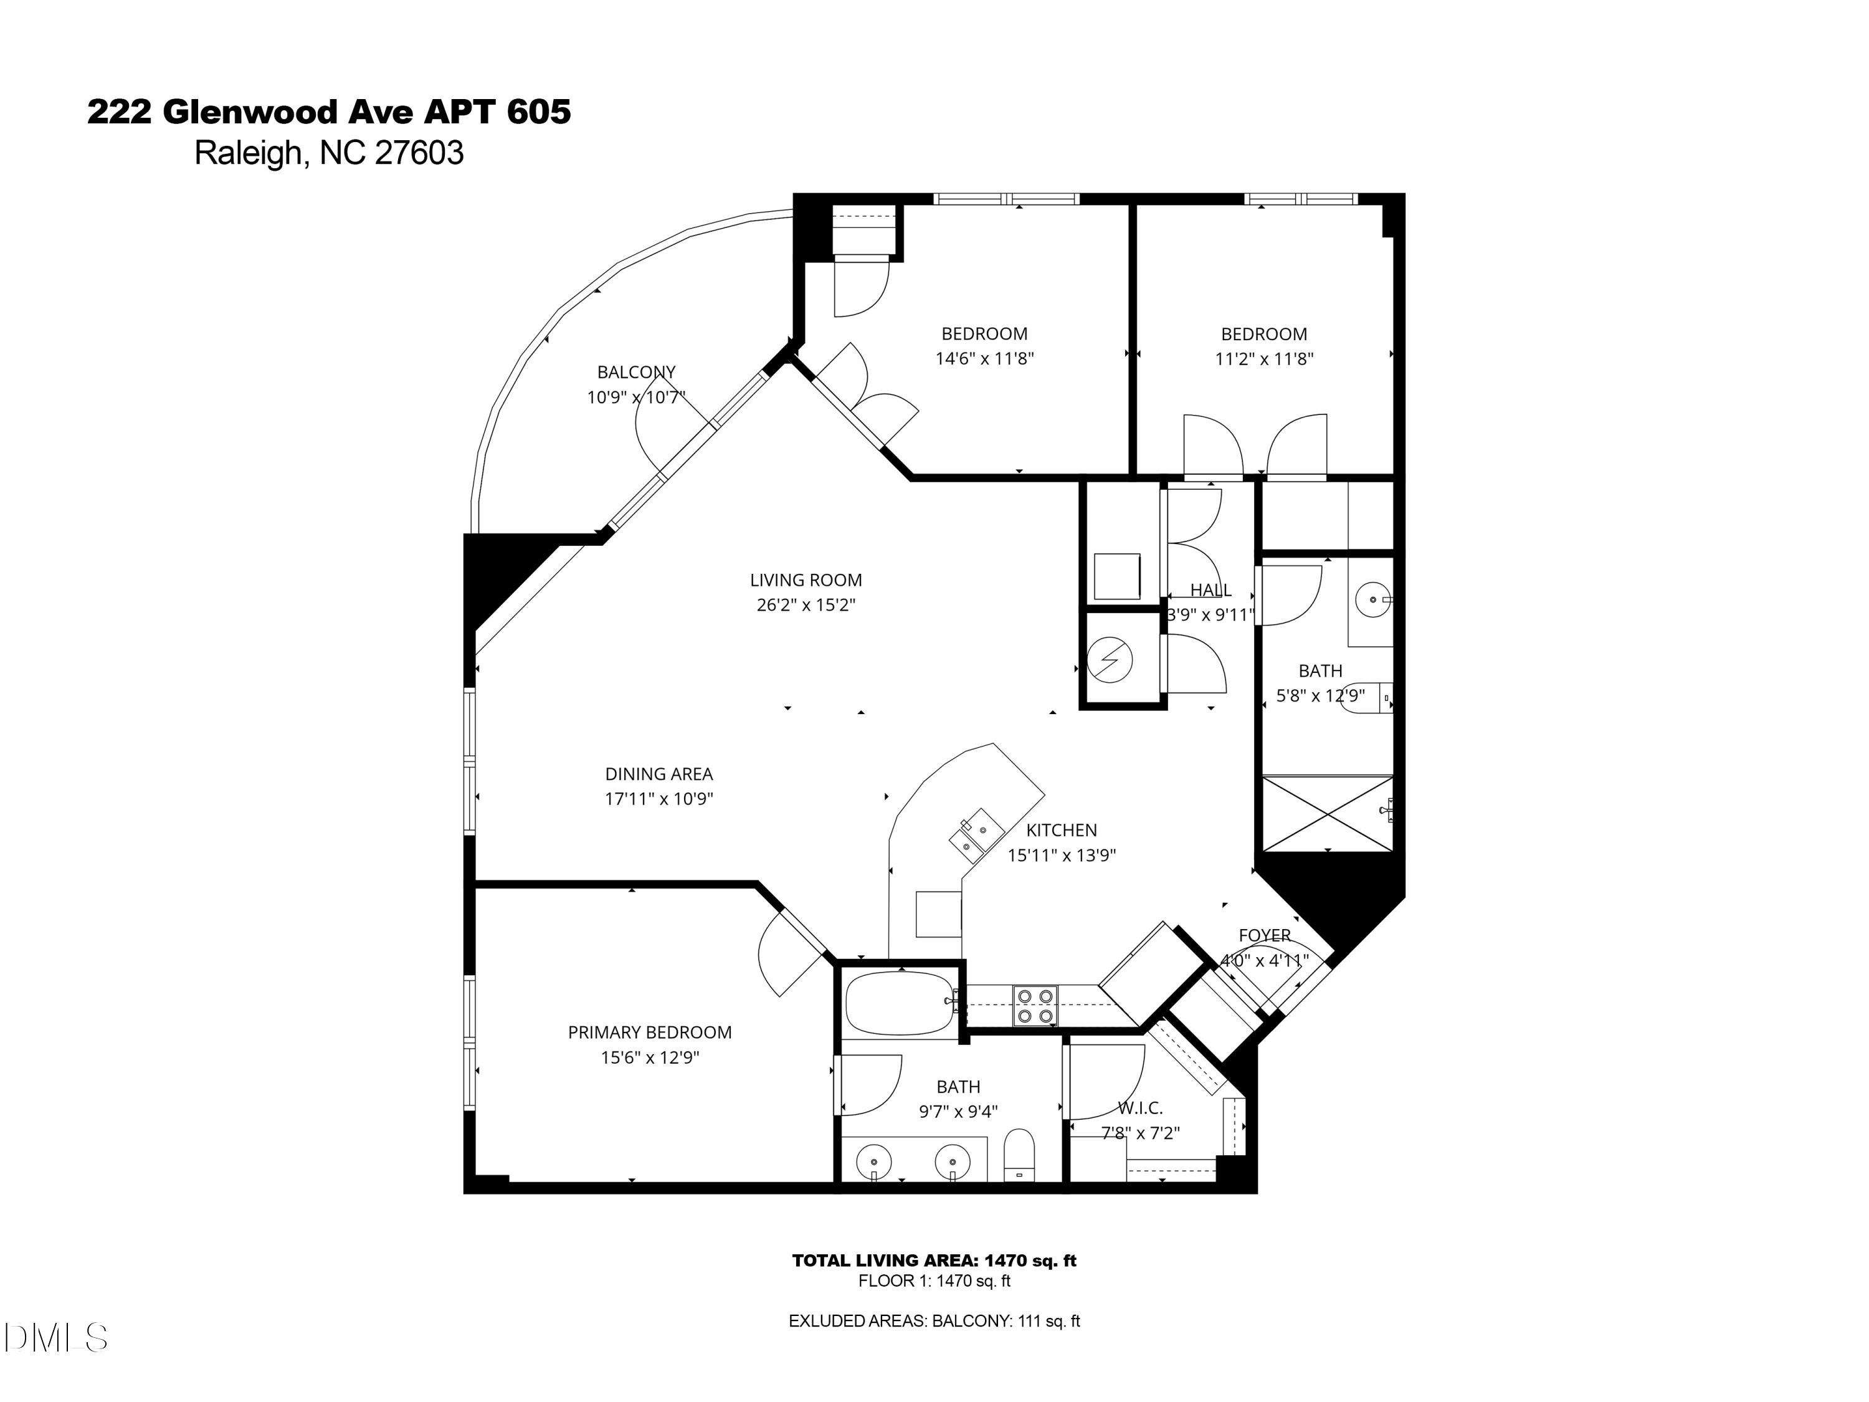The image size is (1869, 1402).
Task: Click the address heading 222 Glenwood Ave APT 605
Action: [329, 112]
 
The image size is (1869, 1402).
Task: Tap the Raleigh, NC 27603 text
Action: [329, 153]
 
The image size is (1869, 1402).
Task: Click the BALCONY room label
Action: [635, 372]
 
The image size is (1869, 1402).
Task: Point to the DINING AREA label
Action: [659, 774]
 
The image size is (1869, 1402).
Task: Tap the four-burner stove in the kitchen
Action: [1035, 1006]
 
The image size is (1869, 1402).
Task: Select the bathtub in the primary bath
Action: [900, 1004]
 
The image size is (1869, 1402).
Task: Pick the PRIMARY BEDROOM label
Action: [649, 1032]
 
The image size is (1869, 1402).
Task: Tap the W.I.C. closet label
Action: [1140, 1108]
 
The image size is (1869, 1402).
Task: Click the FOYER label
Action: [1264, 935]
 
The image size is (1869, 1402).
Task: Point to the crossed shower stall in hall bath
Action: [1326, 813]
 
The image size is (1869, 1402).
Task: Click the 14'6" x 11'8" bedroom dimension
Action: [984, 358]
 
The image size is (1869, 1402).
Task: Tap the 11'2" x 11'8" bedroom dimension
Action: [1263, 358]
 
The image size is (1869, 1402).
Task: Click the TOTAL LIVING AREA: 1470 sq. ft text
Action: [934, 1261]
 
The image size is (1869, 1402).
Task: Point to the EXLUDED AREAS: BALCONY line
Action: [934, 1321]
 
